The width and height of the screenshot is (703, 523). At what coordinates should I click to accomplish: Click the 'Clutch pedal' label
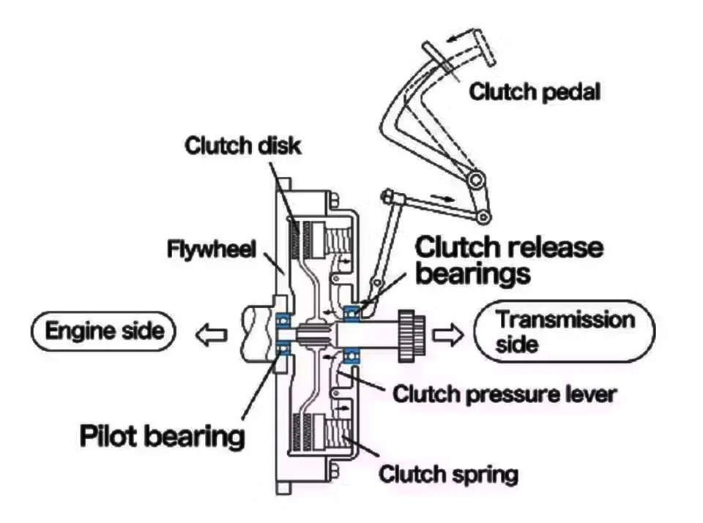pyautogui.click(x=535, y=92)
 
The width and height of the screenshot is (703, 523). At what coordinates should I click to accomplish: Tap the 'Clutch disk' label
pyautogui.click(x=242, y=146)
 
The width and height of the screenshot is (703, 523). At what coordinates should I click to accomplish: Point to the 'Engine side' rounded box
pyautogui.click(x=103, y=331)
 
